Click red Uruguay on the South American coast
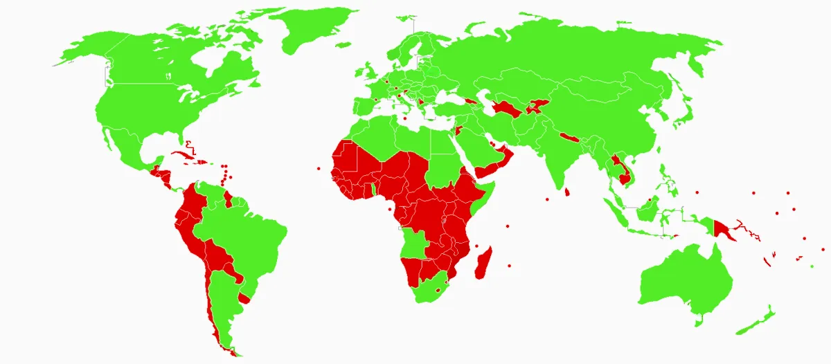(244, 298)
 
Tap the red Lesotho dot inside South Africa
(438, 291)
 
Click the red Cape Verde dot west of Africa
(318, 168)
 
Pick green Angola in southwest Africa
(413, 242)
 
